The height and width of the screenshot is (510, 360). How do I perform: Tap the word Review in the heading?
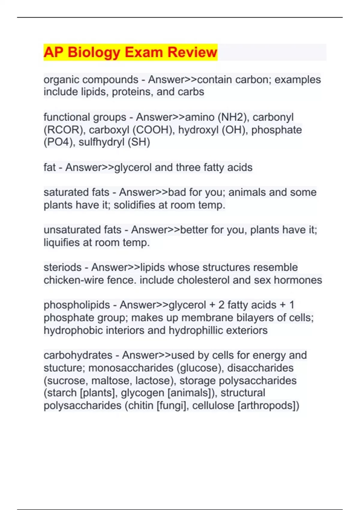pyautogui.click(x=192, y=52)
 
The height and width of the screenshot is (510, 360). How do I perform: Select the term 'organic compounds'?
pyautogui.click(x=91, y=80)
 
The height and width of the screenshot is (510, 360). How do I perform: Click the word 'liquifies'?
pyautogui.click(x=61, y=242)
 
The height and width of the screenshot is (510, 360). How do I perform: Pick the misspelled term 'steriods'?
pyautogui.click(x=62, y=267)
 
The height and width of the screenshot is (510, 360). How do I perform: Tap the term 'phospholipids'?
pyautogui.click(x=77, y=305)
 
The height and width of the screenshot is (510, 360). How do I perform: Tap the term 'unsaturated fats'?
pyautogui.click(x=82, y=230)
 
